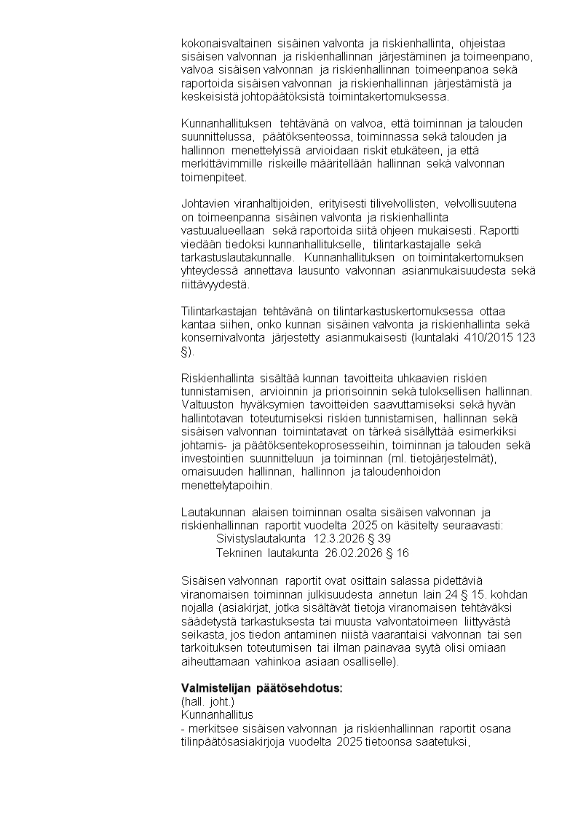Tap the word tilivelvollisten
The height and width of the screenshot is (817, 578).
point(404,203)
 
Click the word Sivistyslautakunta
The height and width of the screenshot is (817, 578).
point(261,539)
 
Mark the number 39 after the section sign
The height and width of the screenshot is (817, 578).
point(385,539)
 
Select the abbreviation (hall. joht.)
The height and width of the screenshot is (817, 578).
point(208,702)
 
